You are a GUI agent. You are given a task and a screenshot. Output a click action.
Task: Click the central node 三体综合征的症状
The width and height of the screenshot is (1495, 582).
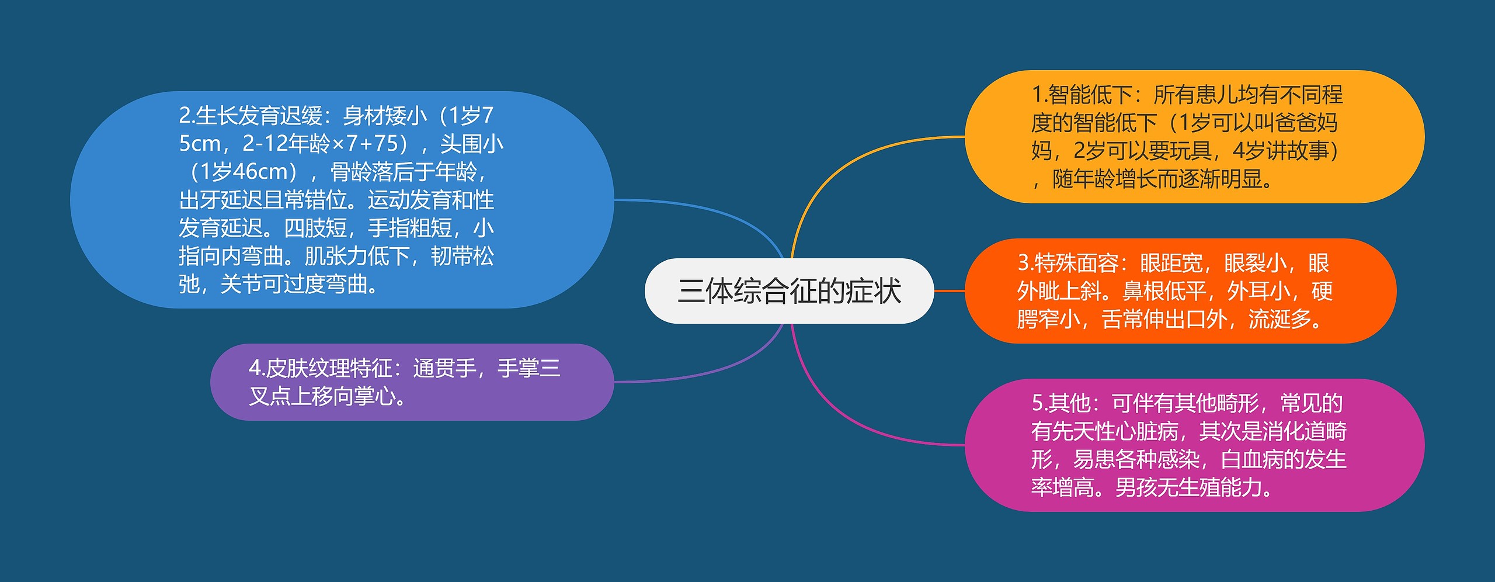click(789, 291)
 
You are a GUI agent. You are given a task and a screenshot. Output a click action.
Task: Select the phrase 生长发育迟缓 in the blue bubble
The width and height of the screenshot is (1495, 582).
click(259, 116)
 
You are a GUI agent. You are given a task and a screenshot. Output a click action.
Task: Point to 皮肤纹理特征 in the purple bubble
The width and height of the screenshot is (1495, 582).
click(329, 368)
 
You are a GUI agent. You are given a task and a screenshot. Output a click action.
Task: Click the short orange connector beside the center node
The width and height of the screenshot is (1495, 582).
click(950, 290)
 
